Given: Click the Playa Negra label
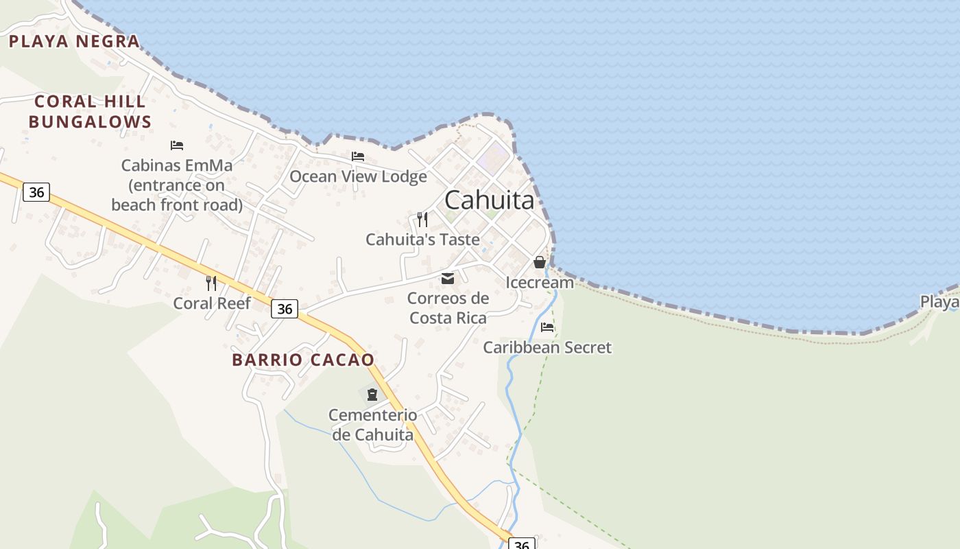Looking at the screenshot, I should coord(74,41).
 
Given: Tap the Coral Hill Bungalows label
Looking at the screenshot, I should coord(90,112).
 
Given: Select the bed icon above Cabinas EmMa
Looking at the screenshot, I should coord(177,145).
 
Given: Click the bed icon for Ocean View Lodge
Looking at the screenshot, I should coord(357,156).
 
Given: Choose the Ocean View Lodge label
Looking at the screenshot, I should coord(358,176).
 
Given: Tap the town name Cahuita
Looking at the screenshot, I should coord(489,200).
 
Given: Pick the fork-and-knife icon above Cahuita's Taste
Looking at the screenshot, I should coord(422,220).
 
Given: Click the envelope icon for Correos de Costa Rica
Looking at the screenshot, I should coord(448,278).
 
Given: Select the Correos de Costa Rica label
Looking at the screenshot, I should coord(448,308).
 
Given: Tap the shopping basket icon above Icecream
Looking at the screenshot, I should coord(540,262).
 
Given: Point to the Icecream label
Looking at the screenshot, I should coord(540,282).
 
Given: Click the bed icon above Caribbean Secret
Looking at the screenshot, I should coord(547,327).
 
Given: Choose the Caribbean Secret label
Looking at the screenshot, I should coord(547,347).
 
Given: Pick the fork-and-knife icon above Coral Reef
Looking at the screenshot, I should coord(211,283).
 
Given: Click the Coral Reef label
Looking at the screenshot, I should coord(212,303).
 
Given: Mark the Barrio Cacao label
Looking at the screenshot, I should coord(303,360).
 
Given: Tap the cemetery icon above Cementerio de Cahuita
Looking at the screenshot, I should coord(372,394).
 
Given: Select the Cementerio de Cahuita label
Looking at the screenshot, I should coord(372,425).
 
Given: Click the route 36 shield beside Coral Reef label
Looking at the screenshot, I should coord(285,309).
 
